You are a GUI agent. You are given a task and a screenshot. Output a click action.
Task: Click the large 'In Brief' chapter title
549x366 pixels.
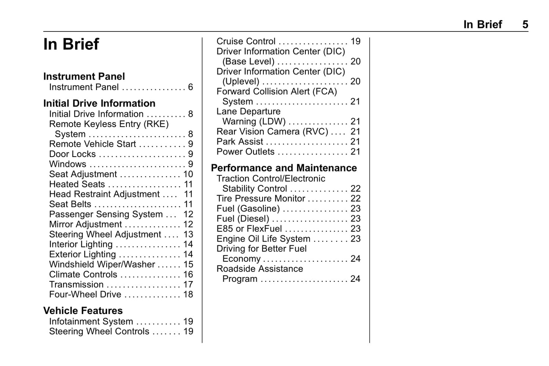tap(71, 44)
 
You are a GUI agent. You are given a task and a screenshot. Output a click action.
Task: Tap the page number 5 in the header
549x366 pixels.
tap(525, 25)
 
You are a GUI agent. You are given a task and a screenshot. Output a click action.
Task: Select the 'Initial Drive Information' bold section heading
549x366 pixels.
tap(99, 104)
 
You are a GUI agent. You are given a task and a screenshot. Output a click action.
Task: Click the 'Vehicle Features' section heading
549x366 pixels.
tap(83, 311)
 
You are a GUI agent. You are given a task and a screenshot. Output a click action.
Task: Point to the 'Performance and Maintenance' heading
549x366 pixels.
tap(284, 168)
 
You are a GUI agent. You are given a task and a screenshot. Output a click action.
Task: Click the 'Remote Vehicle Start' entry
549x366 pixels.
tap(92, 144)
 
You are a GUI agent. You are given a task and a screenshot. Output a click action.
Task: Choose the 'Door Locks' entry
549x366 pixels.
tap(72, 154)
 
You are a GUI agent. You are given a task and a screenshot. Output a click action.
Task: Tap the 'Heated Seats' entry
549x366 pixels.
tap(77, 184)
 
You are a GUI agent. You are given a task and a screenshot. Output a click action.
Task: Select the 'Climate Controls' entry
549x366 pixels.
tap(83, 275)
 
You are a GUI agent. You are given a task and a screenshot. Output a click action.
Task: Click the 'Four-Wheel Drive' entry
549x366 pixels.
tap(85, 295)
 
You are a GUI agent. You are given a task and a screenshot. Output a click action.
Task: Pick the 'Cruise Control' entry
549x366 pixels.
tap(246, 41)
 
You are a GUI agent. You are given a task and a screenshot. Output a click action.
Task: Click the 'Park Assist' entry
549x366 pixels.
tap(240, 141)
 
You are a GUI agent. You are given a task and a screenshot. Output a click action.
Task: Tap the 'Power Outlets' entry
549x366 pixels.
tap(245, 152)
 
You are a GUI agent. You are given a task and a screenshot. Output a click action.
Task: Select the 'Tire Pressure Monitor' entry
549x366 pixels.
tap(261, 199)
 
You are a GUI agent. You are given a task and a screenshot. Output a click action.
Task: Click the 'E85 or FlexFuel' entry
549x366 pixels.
tap(249, 229)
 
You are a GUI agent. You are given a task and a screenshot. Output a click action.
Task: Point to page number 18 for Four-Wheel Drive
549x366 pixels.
tap(188, 295)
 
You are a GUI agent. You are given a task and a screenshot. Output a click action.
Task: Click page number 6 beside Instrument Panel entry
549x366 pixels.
tap(190, 87)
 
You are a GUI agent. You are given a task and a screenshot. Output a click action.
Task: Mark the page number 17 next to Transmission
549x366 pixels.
tap(188, 284)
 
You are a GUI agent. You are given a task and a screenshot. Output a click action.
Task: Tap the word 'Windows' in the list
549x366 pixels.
tap(68, 164)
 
